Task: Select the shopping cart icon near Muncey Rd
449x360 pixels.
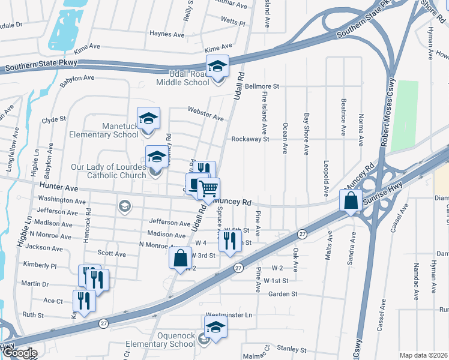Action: pyautogui.click(x=208, y=189)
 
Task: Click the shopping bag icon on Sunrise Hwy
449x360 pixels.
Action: pyautogui.click(x=351, y=201)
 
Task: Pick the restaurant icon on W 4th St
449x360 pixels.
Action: pyautogui.click(x=230, y=241)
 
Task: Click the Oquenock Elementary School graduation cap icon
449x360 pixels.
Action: pyautogui.click(x=215, y=327)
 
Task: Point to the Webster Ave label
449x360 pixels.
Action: pyautogui.click(x=205, y=113)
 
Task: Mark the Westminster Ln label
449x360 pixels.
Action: pyautogui.click(x=228, y=314)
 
